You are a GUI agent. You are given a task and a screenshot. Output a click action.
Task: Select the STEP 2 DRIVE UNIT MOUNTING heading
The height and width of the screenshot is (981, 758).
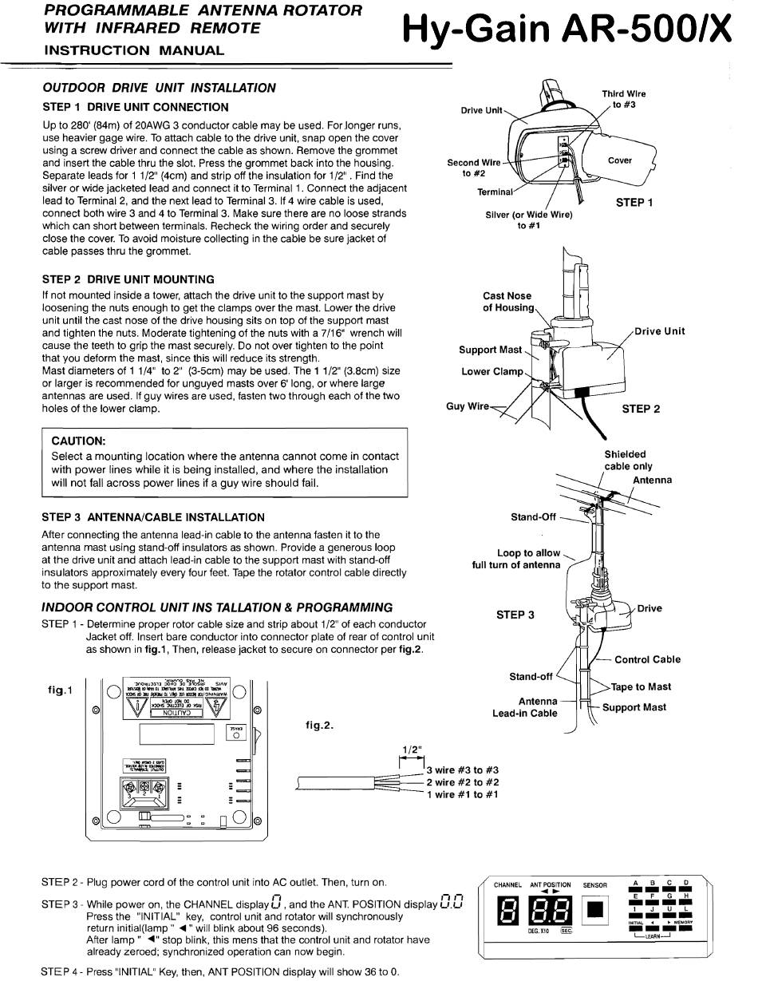(128, 279)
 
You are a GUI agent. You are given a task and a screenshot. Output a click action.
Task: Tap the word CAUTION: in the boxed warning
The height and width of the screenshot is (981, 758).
(78, 441)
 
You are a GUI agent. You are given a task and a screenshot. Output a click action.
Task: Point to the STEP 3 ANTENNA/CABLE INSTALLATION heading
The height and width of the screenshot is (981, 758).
(153, 517)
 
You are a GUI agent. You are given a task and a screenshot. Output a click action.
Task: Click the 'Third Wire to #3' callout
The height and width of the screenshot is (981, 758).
(623, 99)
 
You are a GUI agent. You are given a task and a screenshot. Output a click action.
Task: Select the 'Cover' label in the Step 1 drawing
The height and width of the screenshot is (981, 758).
(620, 160)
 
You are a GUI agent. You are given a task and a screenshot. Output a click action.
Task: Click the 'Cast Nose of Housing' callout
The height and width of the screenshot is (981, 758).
(507, 302)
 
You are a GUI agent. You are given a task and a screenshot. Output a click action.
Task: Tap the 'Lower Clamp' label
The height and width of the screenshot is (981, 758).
(492, 372)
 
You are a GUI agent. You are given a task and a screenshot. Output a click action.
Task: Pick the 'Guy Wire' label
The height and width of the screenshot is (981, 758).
(468, 406)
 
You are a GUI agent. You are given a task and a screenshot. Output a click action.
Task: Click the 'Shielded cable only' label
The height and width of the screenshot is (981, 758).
(627, 461)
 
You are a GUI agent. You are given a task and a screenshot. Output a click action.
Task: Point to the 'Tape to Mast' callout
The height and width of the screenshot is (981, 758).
(641, 686)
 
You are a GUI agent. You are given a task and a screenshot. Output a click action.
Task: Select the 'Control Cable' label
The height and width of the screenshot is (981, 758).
(647, 659)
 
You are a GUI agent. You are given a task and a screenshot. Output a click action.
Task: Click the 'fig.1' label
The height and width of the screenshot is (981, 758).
(60, 690)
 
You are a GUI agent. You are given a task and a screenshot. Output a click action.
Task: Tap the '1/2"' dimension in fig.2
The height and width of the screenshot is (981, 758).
(412, 750)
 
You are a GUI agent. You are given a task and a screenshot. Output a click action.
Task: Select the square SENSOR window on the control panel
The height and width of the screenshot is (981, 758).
(596, 909)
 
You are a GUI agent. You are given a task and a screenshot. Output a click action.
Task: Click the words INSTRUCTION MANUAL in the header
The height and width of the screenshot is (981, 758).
(134, 50)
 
